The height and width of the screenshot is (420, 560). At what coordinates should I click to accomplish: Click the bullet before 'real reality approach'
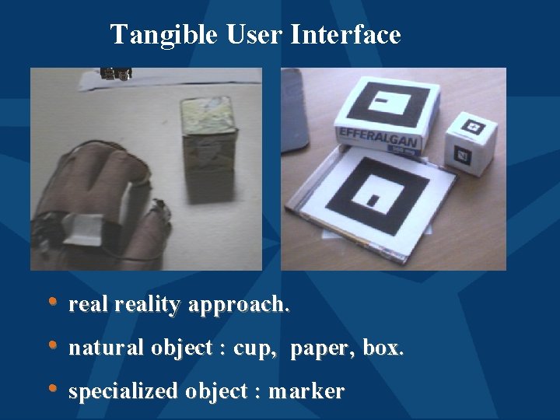tap(53, 302)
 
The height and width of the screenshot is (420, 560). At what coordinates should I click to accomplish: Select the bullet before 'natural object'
tap(53, 345)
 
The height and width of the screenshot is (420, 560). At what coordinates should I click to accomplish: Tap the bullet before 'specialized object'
tap(53, 389)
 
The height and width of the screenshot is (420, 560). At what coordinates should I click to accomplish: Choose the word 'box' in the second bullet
tap(381, 348)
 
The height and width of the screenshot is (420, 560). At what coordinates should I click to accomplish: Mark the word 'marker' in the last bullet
tap(306, 392)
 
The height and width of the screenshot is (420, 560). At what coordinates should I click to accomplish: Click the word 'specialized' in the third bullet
tap(123, 392)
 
